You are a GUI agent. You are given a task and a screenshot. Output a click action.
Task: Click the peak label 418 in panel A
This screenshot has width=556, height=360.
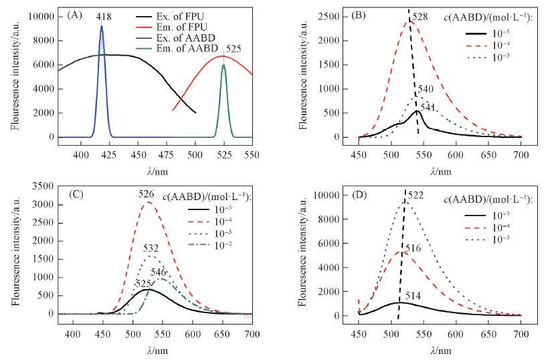tap(103, 16)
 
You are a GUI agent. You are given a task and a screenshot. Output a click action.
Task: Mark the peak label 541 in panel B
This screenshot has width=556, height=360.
tap(428, 107)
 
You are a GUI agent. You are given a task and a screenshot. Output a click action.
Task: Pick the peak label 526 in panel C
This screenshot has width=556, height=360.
tap(147, 195)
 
